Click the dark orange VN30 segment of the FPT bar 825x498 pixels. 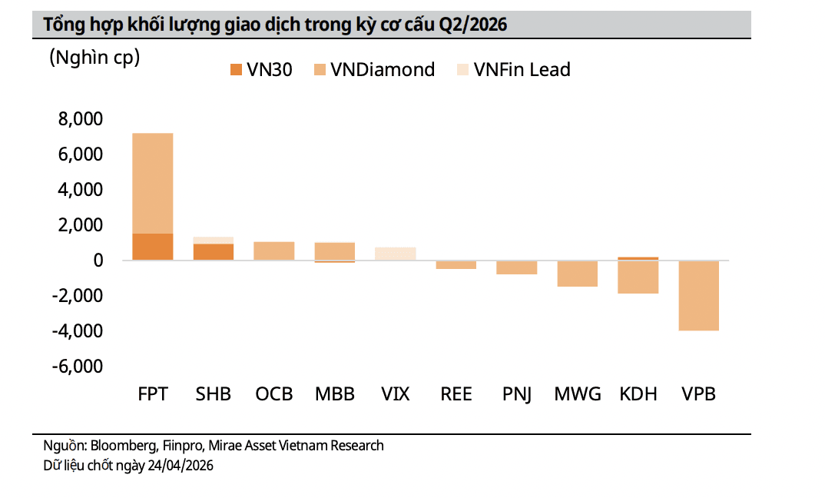153,247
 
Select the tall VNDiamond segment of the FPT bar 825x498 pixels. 153,183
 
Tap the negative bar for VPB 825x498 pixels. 699,296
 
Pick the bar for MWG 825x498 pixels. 578,274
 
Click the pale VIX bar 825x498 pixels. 395,254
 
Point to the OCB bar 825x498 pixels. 274,251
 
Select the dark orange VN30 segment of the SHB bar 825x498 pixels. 214,252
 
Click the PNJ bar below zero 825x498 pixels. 516,267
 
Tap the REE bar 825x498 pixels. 456,265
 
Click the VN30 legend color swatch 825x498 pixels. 235,70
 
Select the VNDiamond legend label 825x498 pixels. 383,70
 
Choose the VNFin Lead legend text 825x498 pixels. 522,70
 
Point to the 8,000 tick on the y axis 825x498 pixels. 80,120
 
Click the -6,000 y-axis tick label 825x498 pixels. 77,367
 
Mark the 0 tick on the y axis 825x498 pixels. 98,261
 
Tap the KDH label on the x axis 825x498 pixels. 638,394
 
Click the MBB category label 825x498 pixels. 335,394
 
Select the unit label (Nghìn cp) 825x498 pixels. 94,57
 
